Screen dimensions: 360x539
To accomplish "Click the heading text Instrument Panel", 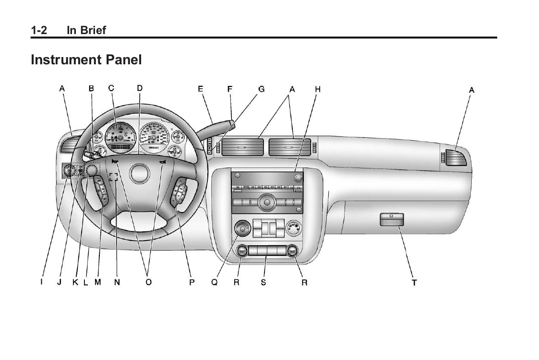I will pos(86,60).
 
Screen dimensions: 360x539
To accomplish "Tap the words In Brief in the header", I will pos(86,30).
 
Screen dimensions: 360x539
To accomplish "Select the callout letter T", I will pos(414,283).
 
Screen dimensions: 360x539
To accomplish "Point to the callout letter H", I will pos(317,89).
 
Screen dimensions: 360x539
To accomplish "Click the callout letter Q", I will pos(214,283).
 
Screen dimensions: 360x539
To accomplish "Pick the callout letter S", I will pos(264,283).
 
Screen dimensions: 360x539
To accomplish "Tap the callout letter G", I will pos(262,89).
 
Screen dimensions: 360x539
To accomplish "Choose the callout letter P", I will pos(192,283).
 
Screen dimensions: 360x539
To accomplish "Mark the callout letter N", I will pos(117,283).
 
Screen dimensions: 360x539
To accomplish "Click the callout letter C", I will pos(111,88).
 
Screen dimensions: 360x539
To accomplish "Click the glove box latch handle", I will pos(392,219).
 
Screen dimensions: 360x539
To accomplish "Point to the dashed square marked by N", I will pos(113,177).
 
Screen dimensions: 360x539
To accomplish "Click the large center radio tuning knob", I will pos(266,204).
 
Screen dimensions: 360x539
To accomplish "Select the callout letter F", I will pos(230,89).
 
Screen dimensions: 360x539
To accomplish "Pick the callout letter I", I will pos(41,283).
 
